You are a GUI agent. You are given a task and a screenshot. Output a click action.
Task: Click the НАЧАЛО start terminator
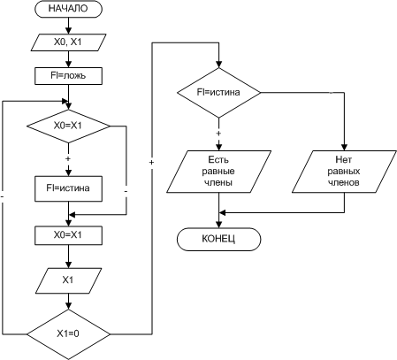(x=68, y=9)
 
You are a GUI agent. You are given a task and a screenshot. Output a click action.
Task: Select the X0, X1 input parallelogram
(x=68, y=42)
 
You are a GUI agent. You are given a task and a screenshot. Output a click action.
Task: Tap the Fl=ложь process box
(x=68, y=76)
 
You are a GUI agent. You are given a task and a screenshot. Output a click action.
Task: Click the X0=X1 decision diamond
(x=68, y=126)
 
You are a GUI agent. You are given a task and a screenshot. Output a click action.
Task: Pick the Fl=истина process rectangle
(x=68, y=188)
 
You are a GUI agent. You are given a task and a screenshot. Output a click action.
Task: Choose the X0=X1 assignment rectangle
(x=68, y=235)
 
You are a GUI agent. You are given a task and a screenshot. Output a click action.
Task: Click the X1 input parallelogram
(x=68, y=280)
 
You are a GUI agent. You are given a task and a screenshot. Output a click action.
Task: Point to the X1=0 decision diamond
(x=68, y=334)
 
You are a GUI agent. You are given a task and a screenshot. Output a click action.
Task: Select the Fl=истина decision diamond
(x=218, y=93)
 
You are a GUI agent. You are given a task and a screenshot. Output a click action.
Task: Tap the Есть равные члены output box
(x=218, y=172)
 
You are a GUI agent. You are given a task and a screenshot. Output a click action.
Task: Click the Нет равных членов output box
(x=344, y=172)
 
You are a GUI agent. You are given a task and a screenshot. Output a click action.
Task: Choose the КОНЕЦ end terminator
(x=218, y=239)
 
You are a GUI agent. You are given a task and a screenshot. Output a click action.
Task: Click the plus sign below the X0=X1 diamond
(x=68, y=159)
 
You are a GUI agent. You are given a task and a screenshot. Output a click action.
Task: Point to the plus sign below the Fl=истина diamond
(x=218, y=134)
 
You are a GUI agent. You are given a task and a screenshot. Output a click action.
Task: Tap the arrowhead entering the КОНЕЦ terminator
(x=218, y=224)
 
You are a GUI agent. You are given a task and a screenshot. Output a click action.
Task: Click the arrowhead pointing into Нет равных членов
(x=344, y=147)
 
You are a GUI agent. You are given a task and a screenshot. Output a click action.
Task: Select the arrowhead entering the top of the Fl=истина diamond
(x=218, y=65)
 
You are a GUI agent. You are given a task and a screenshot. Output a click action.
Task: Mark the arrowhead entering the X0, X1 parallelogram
(x=68, y=31)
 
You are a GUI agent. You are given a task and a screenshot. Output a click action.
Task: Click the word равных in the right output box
(x=344, y=172)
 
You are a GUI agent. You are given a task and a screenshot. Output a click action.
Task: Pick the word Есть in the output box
(x=218, y=160)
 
